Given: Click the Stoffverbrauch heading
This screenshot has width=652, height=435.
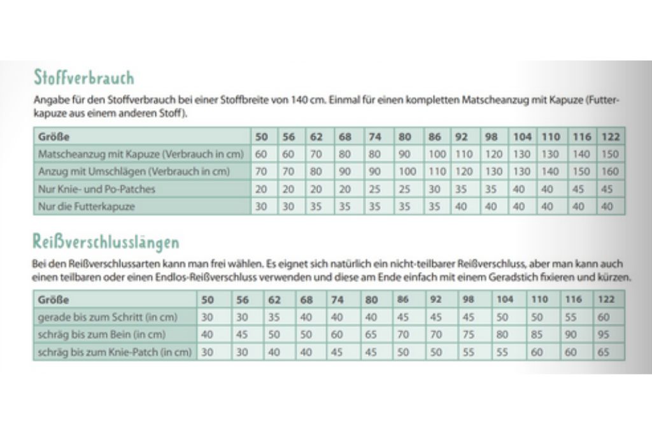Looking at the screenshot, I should coord(83,78).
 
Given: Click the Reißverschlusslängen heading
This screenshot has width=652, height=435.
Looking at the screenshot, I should coord(106,242).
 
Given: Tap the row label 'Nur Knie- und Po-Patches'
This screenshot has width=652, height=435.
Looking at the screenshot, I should coord(97,189).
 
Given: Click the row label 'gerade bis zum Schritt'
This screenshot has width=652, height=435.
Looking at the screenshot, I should coord(107,317).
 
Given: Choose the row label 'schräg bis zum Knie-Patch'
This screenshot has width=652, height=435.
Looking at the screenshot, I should coord(115,352).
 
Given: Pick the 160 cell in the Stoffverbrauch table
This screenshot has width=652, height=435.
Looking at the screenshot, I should coord(609,171).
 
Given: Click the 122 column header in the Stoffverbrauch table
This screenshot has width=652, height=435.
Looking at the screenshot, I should coord(609,137).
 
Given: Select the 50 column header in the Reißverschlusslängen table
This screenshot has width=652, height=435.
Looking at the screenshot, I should coord(208,300).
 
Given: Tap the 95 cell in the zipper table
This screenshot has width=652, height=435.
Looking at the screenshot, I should coord(604,334).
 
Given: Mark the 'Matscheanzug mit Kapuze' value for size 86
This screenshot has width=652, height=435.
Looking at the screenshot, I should coord(437,154).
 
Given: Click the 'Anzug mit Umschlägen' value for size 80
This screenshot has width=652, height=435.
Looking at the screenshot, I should coord(406,171).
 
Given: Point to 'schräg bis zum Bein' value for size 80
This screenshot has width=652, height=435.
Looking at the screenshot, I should coord(371,334).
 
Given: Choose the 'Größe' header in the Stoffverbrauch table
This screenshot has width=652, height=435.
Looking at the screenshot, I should coord(53,137).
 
